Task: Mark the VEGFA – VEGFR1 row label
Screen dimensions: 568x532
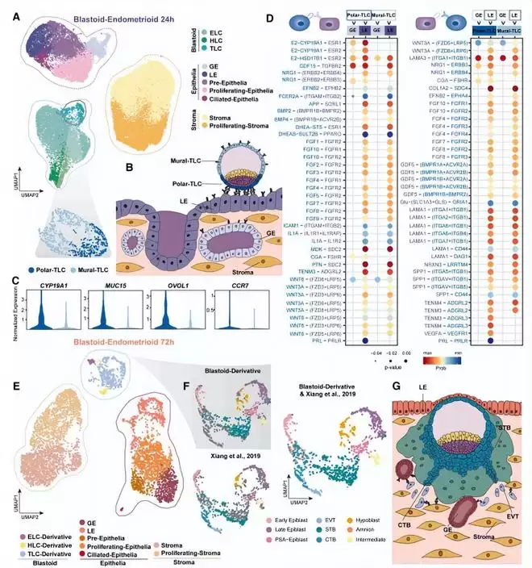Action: (447, 332)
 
